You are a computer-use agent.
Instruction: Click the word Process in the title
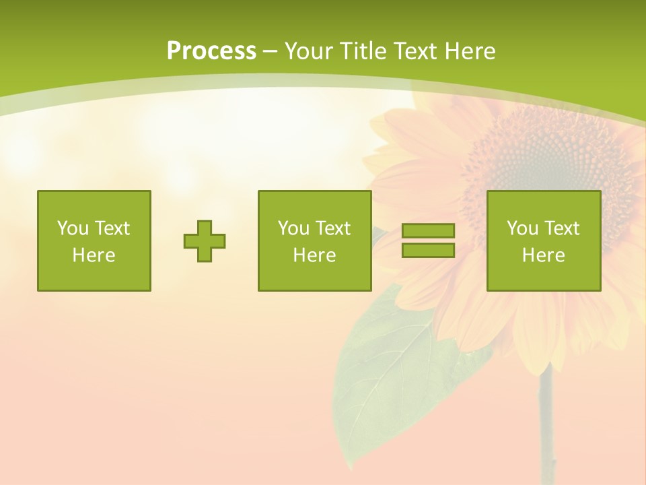[x=211, y=51]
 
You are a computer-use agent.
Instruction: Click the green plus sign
[x=205, y=240]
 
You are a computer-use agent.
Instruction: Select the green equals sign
[x=428, y=240]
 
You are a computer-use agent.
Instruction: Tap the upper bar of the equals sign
[x=428, y=231]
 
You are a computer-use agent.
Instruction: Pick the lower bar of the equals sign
[x=428, y=250]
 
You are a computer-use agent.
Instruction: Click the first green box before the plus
[x=94, y=240]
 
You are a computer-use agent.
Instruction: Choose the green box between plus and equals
[x=314, y=240]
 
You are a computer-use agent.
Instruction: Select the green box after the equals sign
[x=544, y=240]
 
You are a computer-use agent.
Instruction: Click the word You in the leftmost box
[x=72, y=228]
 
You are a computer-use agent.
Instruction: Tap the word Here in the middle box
[x=314, y=255]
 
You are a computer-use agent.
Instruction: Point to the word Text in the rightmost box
[x=561, y=228]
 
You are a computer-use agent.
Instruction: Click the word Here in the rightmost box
[x=544, y=255]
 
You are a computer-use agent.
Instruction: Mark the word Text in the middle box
[x=332, y=228]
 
